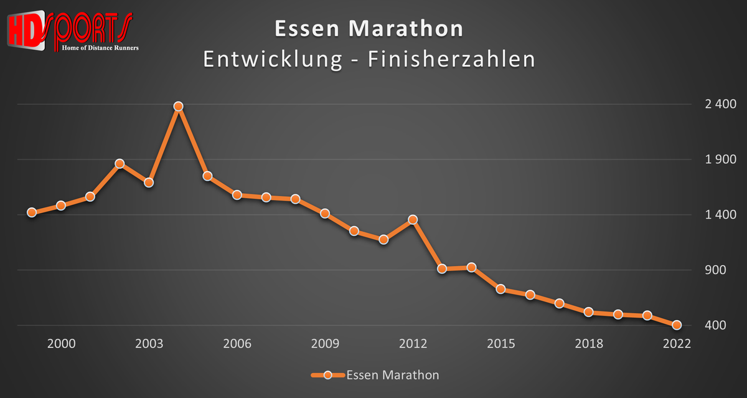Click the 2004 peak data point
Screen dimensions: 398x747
click(x=178, y=107)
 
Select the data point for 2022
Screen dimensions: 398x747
click(x=677, y=325)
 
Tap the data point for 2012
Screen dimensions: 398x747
click(x=412, y=219)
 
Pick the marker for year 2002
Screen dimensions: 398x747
click(x=120, y=164)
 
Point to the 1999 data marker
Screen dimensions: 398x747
click(x=32, y=212)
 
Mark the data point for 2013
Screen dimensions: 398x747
click(x=442, y=268)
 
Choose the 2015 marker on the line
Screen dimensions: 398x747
click(x=500, y=289)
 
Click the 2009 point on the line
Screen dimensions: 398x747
click(x=324, y=213)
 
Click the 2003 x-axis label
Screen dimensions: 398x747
click(x=149, y=344)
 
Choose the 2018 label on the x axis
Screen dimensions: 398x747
click(x=588, y=344)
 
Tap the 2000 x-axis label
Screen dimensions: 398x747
click(x=61, y=344)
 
